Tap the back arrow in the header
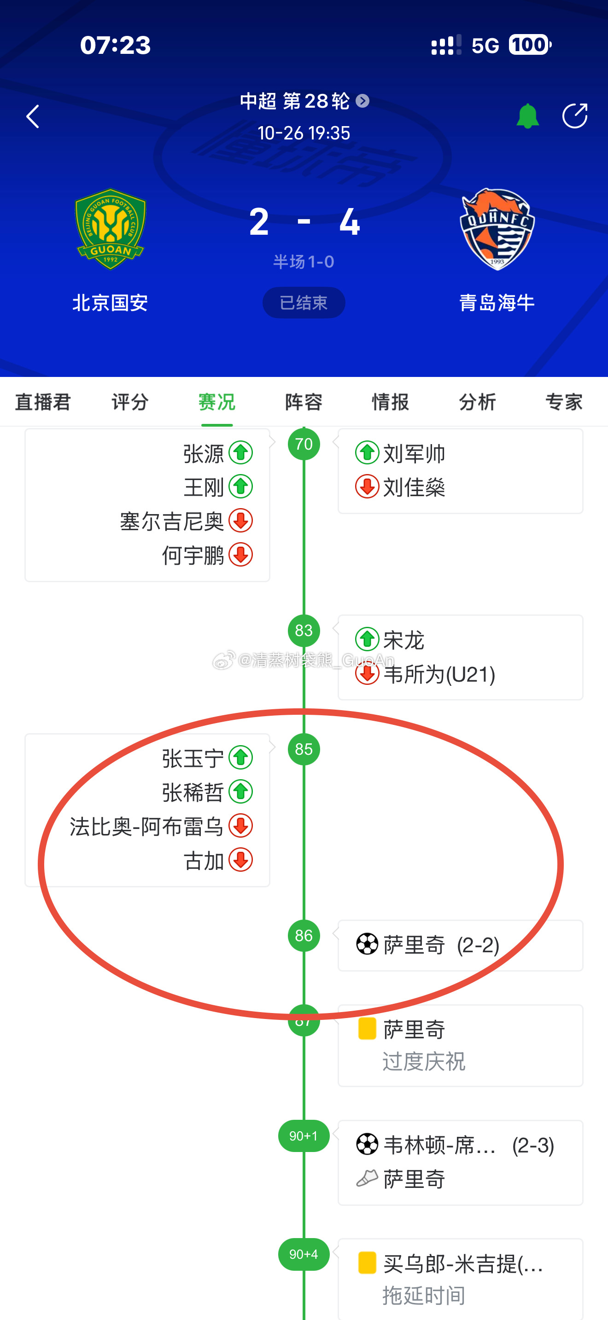pos(33,116)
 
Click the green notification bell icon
pos(527,116)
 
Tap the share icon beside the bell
pos(574,116)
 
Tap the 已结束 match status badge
pos(304,303)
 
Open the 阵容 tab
pos(304,402)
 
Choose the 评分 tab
pos(130,402)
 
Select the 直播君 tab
pos(43,402)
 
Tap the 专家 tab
pos(563,402)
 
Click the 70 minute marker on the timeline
pos(304,444)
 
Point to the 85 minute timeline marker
pos(304,749)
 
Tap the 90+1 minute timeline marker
pos(304,1136)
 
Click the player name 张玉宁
pos(193,758)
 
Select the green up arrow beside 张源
pos(241,453)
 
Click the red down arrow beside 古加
pos(241,860)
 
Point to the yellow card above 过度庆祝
pos(367,1029)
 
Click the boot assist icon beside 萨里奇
pos(367,1178)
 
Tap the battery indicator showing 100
pos(530,45)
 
